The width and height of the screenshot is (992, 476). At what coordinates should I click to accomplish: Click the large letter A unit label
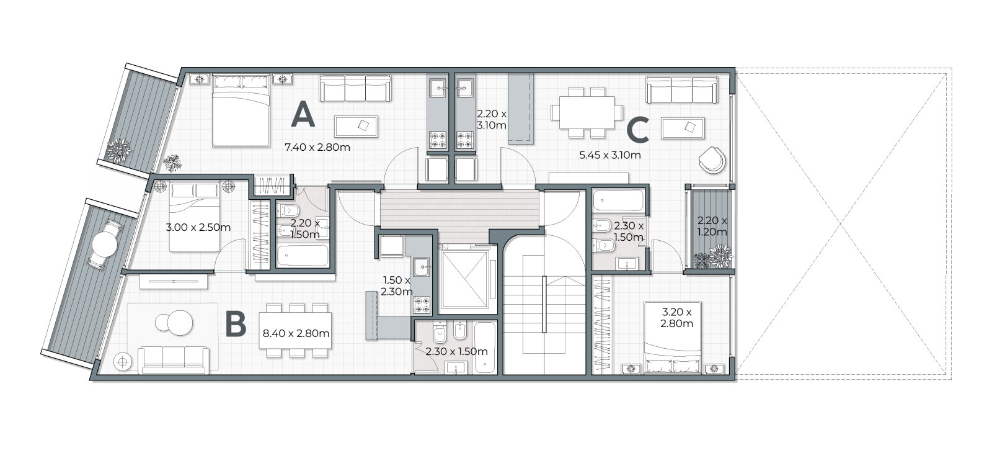click(x=303, y=114)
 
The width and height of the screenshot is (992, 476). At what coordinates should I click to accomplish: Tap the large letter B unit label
click(x=236, y=324)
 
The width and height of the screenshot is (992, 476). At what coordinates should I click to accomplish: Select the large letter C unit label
click(x=638, y=130)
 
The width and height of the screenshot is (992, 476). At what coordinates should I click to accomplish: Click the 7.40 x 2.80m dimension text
click(x=317, y=147)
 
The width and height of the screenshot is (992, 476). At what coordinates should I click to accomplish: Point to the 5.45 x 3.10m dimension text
click(x=610, y=155)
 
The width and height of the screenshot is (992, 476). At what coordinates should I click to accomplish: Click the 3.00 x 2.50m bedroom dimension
click(x=198, y=227)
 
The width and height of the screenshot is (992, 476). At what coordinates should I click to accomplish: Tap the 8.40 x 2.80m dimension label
click(x=296, y=333)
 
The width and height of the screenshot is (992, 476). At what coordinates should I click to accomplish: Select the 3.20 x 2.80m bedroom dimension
click(x=676, y=318)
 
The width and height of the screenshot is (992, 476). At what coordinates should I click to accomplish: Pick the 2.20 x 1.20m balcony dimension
click(x=712, y=226)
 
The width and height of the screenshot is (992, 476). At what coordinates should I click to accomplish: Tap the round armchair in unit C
click(x=712, y=159)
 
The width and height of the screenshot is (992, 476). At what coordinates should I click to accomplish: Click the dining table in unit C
click(x=587, y=112)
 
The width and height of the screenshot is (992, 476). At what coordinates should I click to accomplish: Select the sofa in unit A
click(x=355, y=88)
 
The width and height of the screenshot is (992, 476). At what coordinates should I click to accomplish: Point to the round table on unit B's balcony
click(x=105, y=244)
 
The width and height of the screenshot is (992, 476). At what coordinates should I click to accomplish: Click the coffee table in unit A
click(x=356, y=127)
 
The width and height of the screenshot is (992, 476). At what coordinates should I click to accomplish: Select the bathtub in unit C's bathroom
click(x=618, y=201)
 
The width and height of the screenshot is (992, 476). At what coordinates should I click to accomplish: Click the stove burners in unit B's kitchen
click(x=422, y=305)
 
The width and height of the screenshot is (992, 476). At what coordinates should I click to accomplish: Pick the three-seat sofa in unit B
click(x=174, y=361)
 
